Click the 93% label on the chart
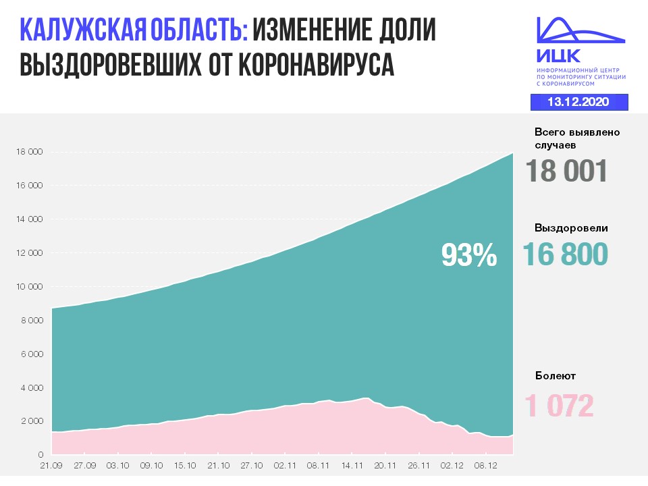(x=469, y=254)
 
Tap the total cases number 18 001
(x=567, y=171)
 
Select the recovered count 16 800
(x=565, y=254)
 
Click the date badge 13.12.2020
(x=578, y=102)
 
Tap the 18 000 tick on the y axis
(x=29, y=152)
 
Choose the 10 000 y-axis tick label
(x=29, y=287)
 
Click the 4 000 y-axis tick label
(x=31, y=388)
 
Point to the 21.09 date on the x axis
(x=51, y=465)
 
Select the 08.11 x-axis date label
(x=317, y=465)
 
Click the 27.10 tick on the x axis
(x=251, y=465)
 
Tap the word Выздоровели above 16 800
(x=571, y=228)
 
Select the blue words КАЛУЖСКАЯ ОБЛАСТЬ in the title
(x=134, y=31)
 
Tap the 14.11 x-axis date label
(x=351, y=465)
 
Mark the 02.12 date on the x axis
(x=451, y=465)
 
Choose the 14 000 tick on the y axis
(x=29, y=219)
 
